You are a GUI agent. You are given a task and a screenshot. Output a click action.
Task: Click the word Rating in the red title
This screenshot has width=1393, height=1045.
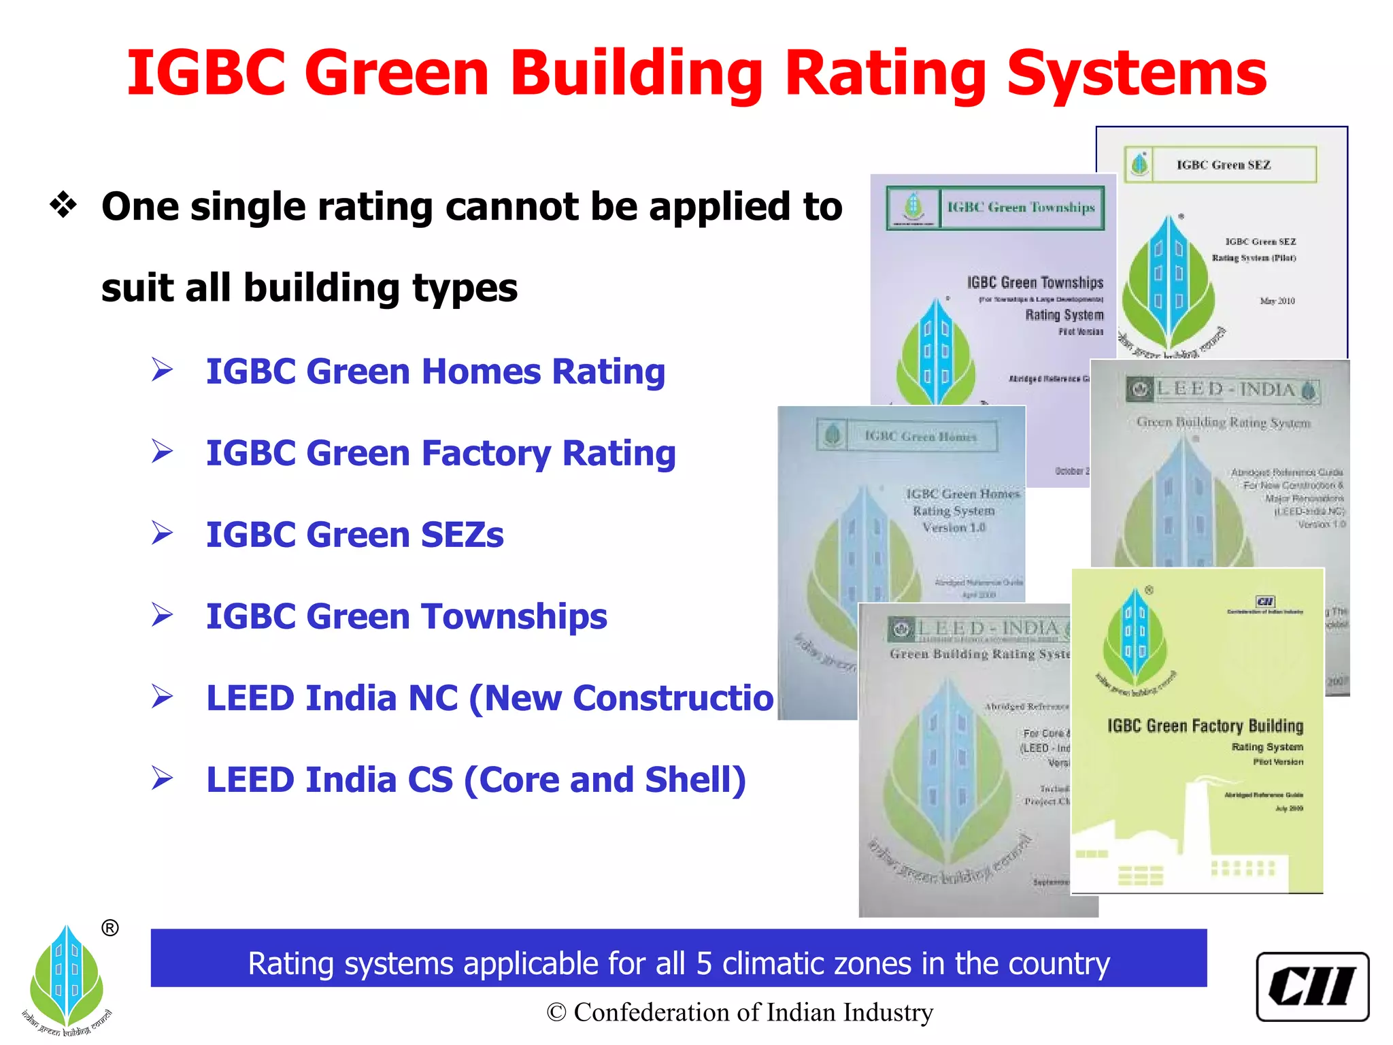[x=885, y=75]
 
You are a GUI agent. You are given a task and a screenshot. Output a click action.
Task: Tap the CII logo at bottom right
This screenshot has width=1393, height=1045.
[x=1312, y=986]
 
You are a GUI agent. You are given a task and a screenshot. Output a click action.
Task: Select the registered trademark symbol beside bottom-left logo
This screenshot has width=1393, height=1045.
[x=110, y=928]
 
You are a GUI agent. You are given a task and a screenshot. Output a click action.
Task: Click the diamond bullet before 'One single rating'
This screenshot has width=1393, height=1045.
[x=63, y=205]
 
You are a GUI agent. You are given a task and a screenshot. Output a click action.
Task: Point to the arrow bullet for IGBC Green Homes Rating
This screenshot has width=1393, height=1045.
[x=162, y=370]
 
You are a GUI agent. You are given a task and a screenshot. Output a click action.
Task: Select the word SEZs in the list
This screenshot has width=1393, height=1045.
[x=462, y=535]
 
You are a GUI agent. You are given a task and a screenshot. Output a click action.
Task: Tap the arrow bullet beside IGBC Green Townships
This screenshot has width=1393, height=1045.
[x=162, y=615]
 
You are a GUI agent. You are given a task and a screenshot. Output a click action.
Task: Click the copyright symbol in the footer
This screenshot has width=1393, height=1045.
[x=556, y=1012]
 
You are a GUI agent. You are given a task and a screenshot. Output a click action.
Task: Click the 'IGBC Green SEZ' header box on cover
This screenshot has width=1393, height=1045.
[x=1222, y=165]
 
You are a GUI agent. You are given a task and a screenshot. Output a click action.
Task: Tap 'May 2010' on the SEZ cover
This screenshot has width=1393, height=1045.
[x=1277, y=301]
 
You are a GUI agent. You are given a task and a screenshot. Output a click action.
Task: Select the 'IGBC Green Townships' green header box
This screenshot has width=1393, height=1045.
[x=995, y=208]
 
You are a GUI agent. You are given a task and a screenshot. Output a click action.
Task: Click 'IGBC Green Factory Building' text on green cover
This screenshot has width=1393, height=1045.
[x=1205, y=726]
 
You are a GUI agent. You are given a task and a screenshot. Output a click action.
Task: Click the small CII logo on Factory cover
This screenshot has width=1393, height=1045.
[x=1265, y=601]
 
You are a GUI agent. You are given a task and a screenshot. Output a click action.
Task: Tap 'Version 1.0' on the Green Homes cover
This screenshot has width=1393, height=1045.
[x=954, y=527]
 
